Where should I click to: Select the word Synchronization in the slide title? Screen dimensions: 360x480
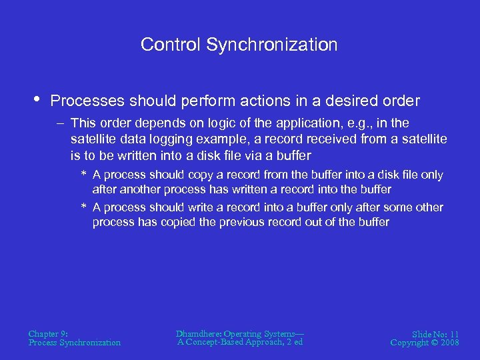(x=272, y=45)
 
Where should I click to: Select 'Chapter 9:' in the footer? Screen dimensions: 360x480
(x=48, y=333)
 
